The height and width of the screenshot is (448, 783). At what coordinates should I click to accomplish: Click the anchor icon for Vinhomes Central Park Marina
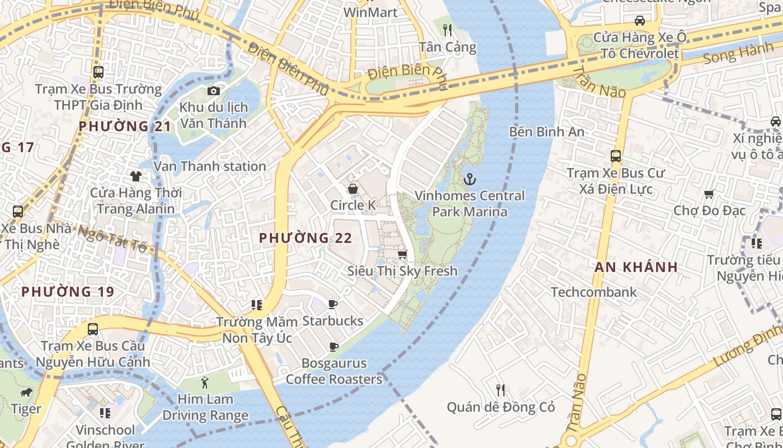click(470, 179)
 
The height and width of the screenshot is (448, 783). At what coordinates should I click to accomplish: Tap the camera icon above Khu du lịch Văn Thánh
click(213, 91)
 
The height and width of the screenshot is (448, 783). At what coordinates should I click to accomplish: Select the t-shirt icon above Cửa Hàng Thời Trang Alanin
click(136, 176)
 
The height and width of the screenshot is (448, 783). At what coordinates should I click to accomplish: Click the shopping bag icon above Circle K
click(353, 189)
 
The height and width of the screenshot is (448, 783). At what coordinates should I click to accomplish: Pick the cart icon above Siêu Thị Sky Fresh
click(402, 255)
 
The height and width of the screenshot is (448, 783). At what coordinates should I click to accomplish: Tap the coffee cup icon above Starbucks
click(333, 305)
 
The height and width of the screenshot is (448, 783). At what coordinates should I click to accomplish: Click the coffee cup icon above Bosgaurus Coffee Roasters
click(334, 347)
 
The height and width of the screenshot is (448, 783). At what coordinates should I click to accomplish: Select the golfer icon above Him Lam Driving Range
click(205, 383)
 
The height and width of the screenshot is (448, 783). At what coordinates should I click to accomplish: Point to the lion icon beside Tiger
click(26, 392)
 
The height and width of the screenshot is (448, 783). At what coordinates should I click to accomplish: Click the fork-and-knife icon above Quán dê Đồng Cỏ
click(501, 390)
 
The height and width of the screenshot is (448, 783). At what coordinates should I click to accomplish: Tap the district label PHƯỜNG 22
click(305, 238)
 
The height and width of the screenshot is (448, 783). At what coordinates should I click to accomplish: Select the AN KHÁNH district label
click(636, 267)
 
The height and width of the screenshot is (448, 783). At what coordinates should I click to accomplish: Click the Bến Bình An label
click(546, 132)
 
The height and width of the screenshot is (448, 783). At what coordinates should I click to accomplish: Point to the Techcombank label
click(593, 292)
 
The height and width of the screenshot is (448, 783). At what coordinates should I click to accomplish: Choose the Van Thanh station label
click(210, 166)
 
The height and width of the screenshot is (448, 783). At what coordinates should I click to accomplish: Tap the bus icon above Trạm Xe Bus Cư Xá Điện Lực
click(616, 156)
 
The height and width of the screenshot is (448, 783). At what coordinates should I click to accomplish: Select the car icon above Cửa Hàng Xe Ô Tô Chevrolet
click(639, 21)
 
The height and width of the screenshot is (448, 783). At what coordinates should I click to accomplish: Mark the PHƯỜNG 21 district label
click(125, 126)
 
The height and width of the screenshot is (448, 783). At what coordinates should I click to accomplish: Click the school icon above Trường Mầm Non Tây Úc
click(257, 305)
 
